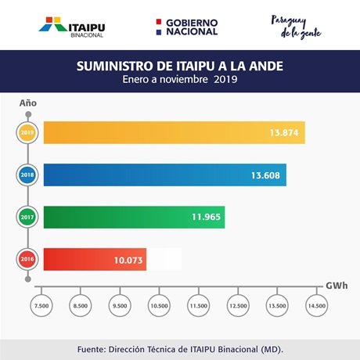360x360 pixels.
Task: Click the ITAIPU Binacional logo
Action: coord(72,27)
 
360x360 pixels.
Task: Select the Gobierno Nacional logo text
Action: coord(192,27)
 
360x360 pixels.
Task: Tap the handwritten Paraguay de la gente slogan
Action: coord(296,27)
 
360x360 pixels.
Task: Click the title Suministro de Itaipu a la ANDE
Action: coord(180,66)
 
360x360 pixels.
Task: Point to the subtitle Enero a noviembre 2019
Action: coord(180,79)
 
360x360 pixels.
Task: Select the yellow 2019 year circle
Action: coord(27,132)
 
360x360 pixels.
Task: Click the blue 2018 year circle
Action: coord(27,175)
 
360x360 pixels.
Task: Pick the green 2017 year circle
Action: coord(27,217)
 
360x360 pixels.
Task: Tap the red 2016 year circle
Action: coord(27,259)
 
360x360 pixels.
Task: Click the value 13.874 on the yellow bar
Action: coord(284,133)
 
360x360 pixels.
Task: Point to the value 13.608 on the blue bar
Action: coord(265,175)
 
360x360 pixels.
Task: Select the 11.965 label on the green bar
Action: coord(206,217)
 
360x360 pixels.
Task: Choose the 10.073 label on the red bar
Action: coord(128,261)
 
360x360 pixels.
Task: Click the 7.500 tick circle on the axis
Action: coord(41,305)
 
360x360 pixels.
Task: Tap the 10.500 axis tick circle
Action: coord(159,305)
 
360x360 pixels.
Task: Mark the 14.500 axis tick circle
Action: coord(317,305)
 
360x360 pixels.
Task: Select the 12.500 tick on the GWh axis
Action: coord(238,305)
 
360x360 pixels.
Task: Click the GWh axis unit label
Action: coord(337,286)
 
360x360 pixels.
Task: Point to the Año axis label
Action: coord(28,103)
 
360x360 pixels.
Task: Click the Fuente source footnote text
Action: coord(180,349)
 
